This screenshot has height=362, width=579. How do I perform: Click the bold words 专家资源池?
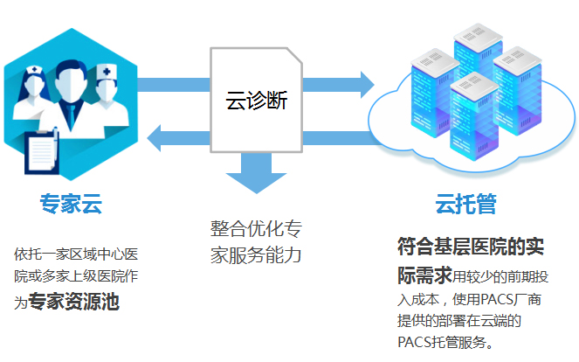click(74, 303)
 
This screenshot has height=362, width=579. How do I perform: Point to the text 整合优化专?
click(256, 229)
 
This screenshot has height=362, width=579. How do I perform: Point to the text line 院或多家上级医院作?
click(76, 278)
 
